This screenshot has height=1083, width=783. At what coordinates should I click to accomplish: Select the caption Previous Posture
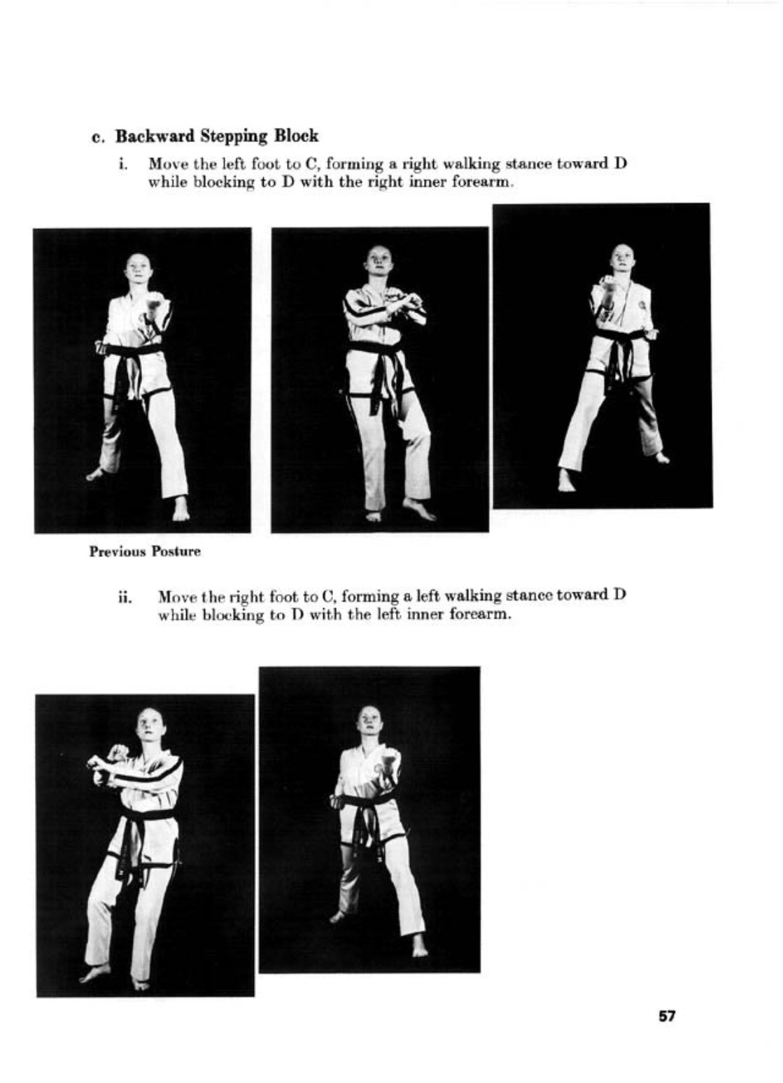[x=145, y=552]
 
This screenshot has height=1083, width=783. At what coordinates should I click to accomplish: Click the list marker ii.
[x=124, y=599]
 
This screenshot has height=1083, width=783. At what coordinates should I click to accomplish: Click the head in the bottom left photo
[x=150, y=727]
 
